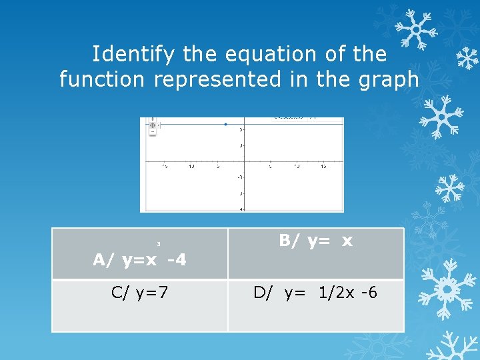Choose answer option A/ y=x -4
pyautogui.click(x=139, y=260)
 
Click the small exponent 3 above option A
pyautogui.click(x=159, y=244)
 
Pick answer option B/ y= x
pyautogui.click(x=315, y=241)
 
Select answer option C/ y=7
pyautogui.click(x=139, y=292)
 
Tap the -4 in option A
pyautogui.click(x=176, y=260)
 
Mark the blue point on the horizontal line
pyautogui.click(x=225, y=124)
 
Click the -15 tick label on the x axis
pyautogui.click(x=165, y=165)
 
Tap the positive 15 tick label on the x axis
pyautogui.click(x=323, y=165)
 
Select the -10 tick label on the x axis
pyautogui.click(x=191, y=165)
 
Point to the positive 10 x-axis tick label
pyautogui.click(x=297, y=165)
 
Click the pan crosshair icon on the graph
pyautogui.click(x=153, y=125)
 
